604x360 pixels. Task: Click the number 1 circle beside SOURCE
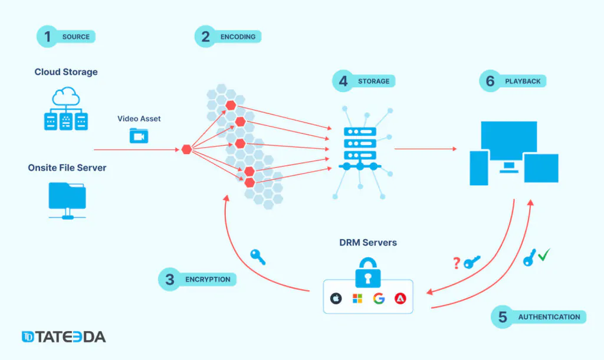47,37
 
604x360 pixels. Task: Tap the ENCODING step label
238,37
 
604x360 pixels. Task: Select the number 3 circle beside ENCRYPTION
169,280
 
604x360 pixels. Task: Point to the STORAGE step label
373,81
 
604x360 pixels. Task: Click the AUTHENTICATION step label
549,317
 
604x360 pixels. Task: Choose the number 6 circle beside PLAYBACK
490,81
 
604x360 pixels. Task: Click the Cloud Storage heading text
66,71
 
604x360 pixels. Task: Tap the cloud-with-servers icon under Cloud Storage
66,109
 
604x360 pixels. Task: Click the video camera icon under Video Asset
139,136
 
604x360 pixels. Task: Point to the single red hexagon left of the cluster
187,149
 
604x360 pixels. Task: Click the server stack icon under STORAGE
360,148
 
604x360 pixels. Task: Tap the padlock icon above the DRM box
368,273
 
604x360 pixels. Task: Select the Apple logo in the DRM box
336,299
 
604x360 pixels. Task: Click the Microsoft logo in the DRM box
357,299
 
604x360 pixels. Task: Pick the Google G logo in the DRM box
379,299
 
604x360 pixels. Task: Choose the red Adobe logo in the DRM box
401,299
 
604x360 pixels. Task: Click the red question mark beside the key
457,263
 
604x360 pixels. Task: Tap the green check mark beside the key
544,254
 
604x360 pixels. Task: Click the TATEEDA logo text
64,336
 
